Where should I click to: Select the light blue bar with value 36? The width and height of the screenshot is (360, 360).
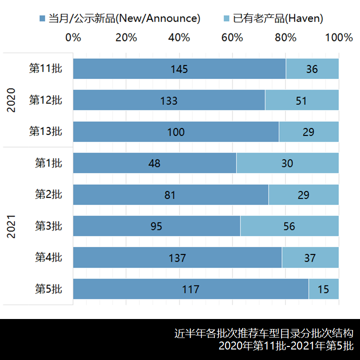pyautogui.click(x=312, y=69)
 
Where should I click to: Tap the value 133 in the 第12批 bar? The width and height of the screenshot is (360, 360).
pyautogui.click(x=169, y=100)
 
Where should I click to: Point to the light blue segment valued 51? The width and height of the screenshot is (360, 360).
pyautogui.click(x=301, y=100)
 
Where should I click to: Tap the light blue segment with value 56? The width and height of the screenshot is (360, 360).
pyautogui.click(x=289, y=226)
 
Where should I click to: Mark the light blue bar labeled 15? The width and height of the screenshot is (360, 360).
pyautogui.click(x=323, y=289)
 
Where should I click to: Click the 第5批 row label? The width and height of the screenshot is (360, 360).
pyautogui.click(x=48, y=289)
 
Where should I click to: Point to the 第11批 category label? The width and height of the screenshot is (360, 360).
pyautogui.click(x=45, y=69)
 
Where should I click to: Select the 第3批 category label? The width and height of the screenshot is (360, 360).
pyautogui.click(x=48, y=226)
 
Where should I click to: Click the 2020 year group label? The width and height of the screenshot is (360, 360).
pyautogui.click(x=11, y=100)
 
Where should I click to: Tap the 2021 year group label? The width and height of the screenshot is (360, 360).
pyautogui.click(x=11, y=226)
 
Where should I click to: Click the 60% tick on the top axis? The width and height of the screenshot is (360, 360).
pyautogui.click(x=232, y=37)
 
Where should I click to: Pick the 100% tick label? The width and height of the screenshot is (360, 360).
pyautogui.click(x=338, y=37)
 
